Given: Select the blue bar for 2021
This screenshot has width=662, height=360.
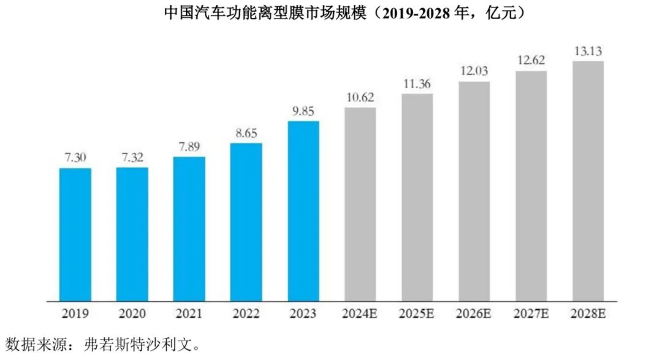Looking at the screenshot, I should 189,229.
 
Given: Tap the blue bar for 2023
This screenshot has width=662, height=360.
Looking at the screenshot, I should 303,211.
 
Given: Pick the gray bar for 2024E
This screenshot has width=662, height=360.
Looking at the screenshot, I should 360,204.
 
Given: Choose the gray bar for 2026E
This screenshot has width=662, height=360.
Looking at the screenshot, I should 474,191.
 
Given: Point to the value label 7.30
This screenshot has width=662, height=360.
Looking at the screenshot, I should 75,158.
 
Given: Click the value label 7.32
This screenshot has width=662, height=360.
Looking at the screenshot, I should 132,158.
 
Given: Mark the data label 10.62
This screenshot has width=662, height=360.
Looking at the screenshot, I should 360,98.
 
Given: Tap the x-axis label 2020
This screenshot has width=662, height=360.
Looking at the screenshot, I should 132,314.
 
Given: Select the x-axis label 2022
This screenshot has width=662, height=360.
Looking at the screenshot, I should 246,314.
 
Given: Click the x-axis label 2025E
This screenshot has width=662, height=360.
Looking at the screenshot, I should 417,314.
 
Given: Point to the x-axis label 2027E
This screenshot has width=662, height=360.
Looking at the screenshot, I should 531,314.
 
